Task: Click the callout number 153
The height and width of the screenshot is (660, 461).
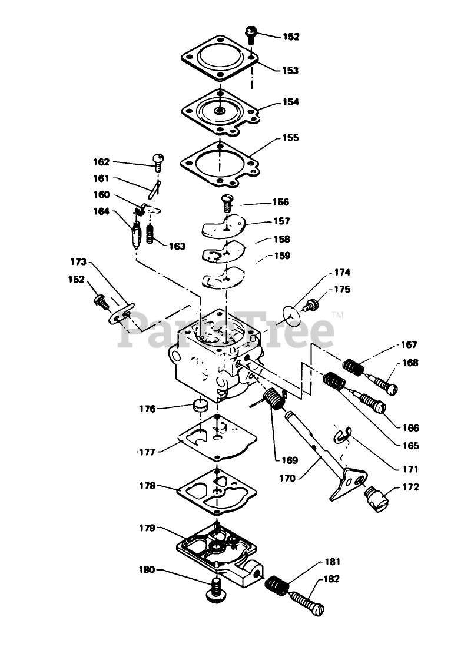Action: pyautogui.click(x=290, y=71)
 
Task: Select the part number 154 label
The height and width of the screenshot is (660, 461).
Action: pyautogui.click(x=290, y=102)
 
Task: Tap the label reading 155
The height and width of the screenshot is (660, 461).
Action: pyautogui.click(x=290, y=138)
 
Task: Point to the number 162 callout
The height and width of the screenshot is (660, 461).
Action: pyautogui.click(x=101, y=162)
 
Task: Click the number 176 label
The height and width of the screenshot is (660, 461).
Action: pyautogui.click(x=147, y=408)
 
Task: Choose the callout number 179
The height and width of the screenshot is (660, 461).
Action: pyautogui.click(x=147, y=528)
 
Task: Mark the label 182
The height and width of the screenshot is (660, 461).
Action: pyautogui.click(x=331, y=579)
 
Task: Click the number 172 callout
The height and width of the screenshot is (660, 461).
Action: pyautogui.click(x=410, y=487)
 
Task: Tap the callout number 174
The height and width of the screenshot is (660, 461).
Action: pyautogui.click(x=341, y=273)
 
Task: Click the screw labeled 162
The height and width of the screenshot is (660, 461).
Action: pyautogui.click(x=158, y=161)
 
